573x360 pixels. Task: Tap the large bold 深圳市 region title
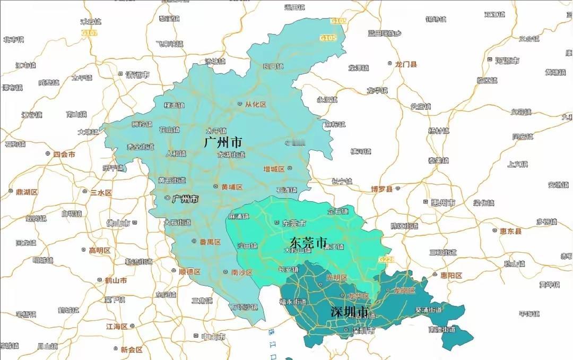pyautogui.click(x=349, y=312)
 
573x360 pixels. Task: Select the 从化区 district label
pyautogui.click(x=255, y=105)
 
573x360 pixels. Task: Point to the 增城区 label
pyautogui.click(x=274, y=169)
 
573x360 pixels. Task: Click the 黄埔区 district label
pyautogui.click(x=231, y=187)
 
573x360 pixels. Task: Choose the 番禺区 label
pyautogui.click(x=210, y=242)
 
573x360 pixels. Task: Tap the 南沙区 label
pyautogui.click(x=241, y=272)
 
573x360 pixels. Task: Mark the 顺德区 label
pyautogui.click(x=189, y=272)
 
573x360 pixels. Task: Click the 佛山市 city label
pyautogui.click(x=118, y=224)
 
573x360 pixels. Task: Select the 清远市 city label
pyautogui.click(x=137, y=74)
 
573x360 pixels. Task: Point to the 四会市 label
pyautogui.click(x=64, y=155)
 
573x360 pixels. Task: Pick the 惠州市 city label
pyautogui.click(x=442, y=203)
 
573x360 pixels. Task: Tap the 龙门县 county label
pyautogui.click(x=406, y=64)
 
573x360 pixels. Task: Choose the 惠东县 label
pyautogui.click(x=510, y=232)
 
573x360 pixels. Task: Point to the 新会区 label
pyautogui.click(x=131, y=349)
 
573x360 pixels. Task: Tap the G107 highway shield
pyautogui.click(x=90, y=33)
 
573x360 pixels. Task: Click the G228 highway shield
pyautogui.click(x=385, y=259)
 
